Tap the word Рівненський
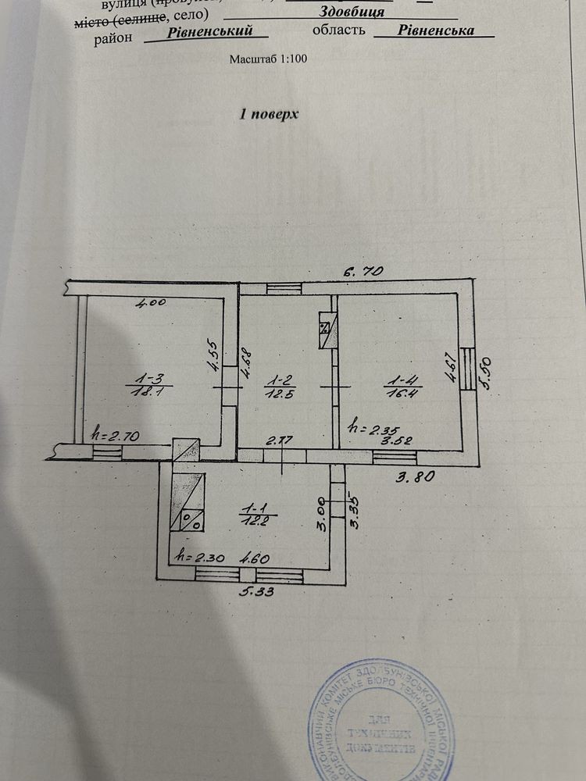pyautogui.click(x=210, y=31)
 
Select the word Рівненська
pyautogui.click(x=435, y=31)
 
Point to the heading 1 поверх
pyautogui.click(x=269, y=114)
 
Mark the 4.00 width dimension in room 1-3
pyautogui.click(x=151, y=305)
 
